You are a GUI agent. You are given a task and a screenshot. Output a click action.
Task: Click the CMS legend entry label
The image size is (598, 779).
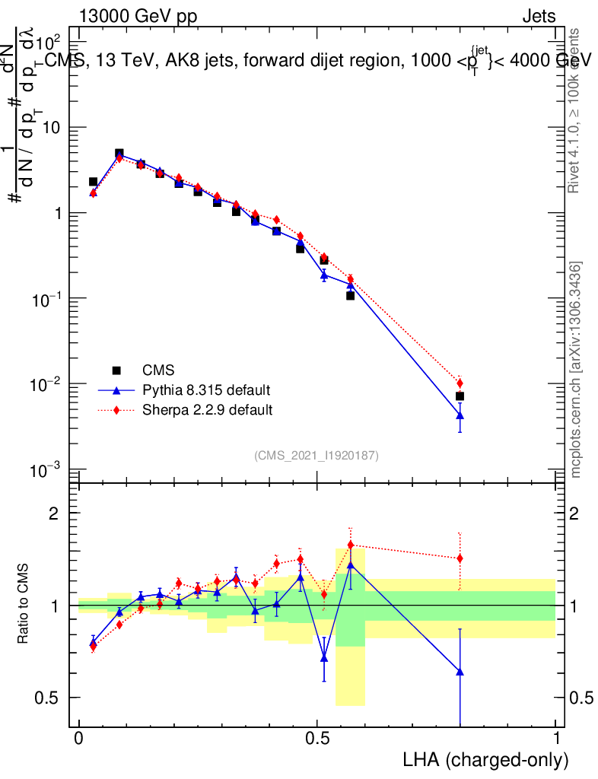pyautogui.click(x=158, y=370)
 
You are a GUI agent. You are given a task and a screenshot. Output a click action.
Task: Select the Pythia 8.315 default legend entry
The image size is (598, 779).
pyautogui.click(x=206, y=390)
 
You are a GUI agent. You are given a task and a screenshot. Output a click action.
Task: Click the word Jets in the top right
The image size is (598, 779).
pyautogui.click(x=539, y=17)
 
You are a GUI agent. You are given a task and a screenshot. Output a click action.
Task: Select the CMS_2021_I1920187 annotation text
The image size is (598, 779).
pyautogui.click(x=316, y=455)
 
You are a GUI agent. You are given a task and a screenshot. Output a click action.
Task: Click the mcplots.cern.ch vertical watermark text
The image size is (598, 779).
pyautogui.click(x=577, y=370)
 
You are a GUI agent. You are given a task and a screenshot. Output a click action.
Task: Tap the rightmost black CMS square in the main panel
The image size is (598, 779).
pyautogui.click(x=460, y=396)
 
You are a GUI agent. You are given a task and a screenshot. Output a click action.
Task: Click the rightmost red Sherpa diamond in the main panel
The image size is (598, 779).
pyautogui.click(x=460, y=383)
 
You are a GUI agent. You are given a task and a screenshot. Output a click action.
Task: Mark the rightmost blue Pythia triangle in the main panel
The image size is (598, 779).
pyautogui.click(x=460, y=415)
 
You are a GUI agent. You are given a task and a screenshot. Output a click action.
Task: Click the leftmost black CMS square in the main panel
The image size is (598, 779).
pyautogui.click(x=93, y=182)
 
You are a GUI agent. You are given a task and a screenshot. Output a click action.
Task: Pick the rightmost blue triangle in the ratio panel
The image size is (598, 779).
pyautogui.click(x=460, y=672)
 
